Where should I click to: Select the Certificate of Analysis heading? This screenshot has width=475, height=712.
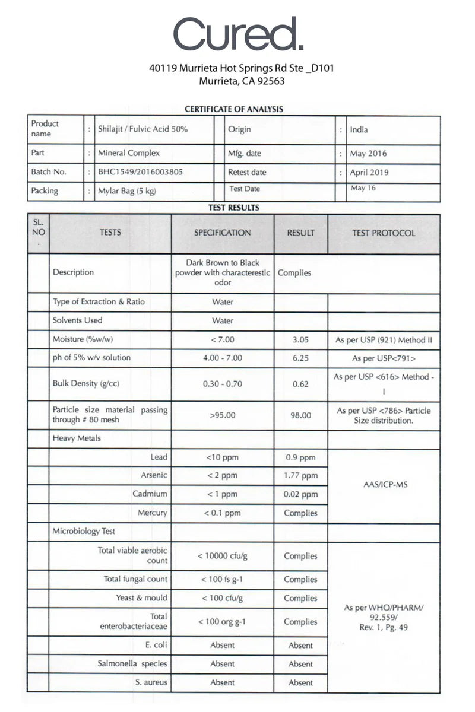click(234, 109)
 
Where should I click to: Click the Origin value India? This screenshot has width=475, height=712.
click(359, 129)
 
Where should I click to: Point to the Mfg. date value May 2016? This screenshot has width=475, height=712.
click(368, 154)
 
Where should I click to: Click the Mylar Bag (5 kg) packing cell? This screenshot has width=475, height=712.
click(127, 191)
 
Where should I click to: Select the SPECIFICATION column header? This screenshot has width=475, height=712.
click(223, 233)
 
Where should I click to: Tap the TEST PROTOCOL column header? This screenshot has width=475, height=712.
click(384, 233)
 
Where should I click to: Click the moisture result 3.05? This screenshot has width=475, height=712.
click(300, 340)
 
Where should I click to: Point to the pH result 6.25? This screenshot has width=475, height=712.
click(300, 358)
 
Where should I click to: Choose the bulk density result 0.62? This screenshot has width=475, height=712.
click(300, 384)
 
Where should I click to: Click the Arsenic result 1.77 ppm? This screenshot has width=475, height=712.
click(300, 476)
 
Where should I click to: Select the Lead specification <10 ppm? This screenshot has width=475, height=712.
click(222, 457)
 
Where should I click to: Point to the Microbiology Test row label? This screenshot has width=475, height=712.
click(84, 532)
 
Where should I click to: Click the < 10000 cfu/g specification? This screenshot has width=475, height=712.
click(222, 556)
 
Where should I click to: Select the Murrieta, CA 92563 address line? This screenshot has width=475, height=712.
click(242, 81)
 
